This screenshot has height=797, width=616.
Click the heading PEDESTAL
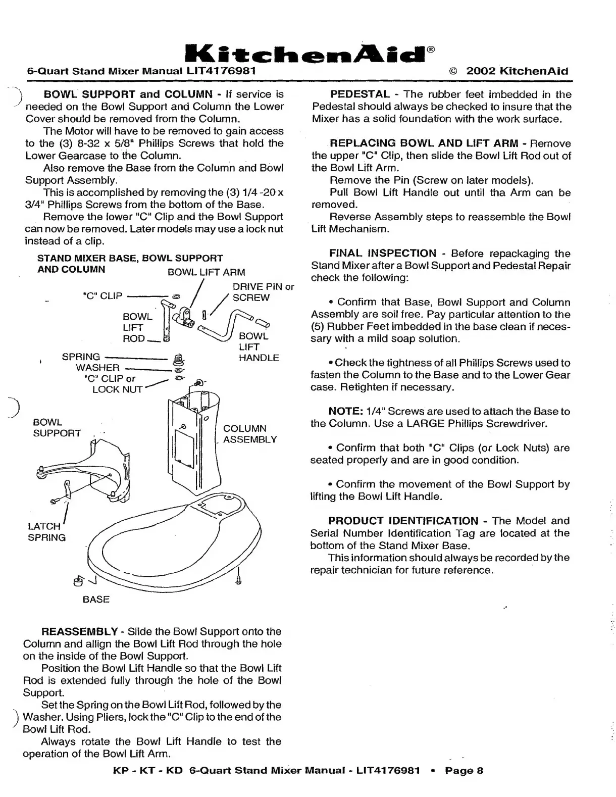pyautogui.click(x=360, y=94)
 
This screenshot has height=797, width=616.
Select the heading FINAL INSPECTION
pyautogui.click(x=383, y=254)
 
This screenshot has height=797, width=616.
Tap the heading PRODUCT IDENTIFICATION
pyautogui.click(x=403, y=521)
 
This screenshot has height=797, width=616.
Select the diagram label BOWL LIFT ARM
pyautogui.click(x=206, y=272)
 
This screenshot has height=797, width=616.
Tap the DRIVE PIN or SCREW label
pyautogui.click(x=263, y=292)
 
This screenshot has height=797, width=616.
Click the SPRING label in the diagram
pyautogui.click(x=81, y=357)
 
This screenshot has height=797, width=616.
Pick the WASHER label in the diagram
pyautogui.click(x=97, y=368)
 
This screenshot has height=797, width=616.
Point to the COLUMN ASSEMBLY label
pyautogui.click(x=250, y=434)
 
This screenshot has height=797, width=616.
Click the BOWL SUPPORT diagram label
pyautogui.click(x=57, y=427)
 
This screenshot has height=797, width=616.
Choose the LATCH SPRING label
pyautogui.click(x=46, y=532)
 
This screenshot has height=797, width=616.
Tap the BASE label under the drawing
pyautogui.click(x=96, y=600)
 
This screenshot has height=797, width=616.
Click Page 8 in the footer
pyautogui.click(x=464, y=771)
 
